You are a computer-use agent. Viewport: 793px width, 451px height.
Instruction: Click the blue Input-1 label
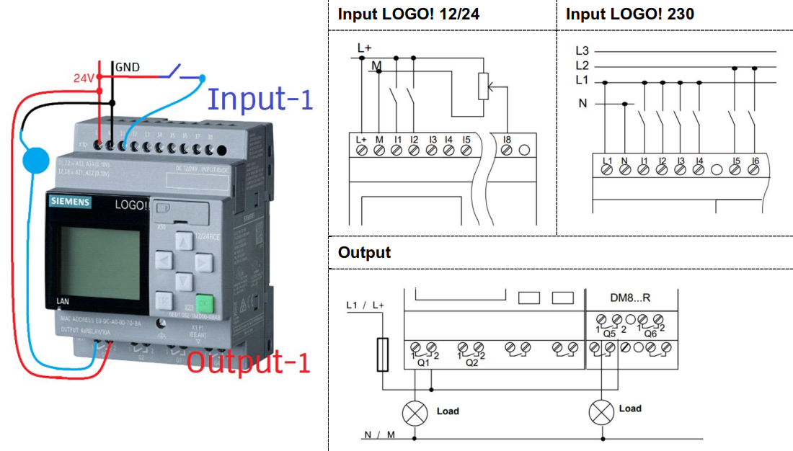(260, 99)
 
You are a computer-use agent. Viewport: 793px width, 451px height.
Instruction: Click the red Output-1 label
(249, 362)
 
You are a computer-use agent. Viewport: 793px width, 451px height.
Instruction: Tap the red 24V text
(83, 78)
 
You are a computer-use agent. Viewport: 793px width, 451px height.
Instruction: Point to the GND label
(128, 68)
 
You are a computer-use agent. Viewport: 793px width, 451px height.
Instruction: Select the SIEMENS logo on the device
(70, 202)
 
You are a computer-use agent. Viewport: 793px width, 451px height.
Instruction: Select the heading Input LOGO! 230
(630, 14)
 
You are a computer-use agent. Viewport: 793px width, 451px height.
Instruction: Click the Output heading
(364, 253)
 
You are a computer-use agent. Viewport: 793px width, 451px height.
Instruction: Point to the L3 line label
(582, 51)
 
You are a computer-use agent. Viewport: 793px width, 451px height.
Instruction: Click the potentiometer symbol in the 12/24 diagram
(483, 86)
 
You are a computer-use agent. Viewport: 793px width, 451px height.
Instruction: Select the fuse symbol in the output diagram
(383, 354)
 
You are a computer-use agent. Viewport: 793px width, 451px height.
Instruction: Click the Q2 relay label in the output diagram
(471, 363)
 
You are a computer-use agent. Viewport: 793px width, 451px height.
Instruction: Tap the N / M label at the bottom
(380, 434)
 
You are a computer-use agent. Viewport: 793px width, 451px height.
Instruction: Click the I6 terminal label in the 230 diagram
(754, 160)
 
